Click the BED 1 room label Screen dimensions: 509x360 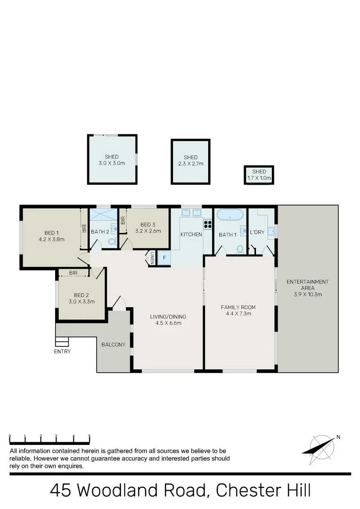coord(51,232)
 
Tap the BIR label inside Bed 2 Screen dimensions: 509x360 coord(73,273)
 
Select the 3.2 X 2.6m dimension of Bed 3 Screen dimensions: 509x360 coord(148,231)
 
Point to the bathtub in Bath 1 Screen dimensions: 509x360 coord(229,215)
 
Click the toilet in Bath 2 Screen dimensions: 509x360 coord(112,241)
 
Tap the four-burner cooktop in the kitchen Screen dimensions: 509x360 coord(207,223)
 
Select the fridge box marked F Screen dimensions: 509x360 coord(164,258)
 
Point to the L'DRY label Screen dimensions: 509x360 coord(257,232)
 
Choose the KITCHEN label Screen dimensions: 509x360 coord(191,234)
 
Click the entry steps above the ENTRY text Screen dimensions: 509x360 coord(62,341)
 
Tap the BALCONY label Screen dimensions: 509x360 coord(114,345)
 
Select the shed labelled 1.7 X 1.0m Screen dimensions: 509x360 coord(259,175)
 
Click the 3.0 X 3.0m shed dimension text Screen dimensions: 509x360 coord(112,163)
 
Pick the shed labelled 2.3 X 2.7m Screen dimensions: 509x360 coord(190,161)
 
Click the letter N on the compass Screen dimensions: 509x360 coord(338,437)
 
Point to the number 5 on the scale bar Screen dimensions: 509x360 coord(89,436)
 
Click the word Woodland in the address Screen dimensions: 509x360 coord(109,490)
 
